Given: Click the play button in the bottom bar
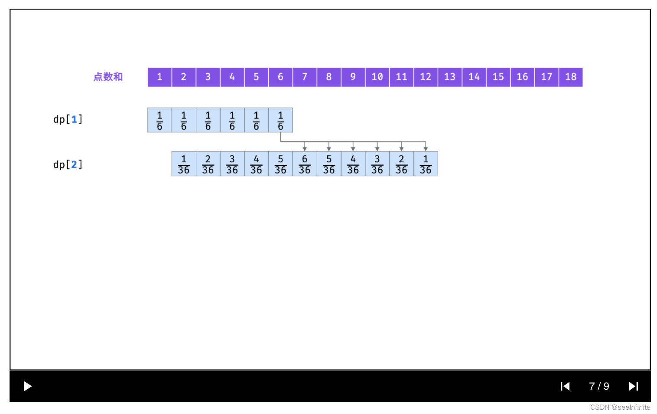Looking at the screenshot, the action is (x=27, y=386).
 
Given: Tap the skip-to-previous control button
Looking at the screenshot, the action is (x=565, y=386).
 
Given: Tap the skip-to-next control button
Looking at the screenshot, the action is (x=634, y=386).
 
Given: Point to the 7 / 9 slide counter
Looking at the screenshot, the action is (x=599, y=386).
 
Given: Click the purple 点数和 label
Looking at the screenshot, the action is (x=108, y=77).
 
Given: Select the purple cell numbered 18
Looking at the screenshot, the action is (x=571, y=77).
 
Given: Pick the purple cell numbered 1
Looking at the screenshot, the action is (x=159, y=77).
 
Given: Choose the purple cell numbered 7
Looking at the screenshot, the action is (x=305, y=77).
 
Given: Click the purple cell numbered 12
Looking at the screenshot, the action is (x=426, y=77).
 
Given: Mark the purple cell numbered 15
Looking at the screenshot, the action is (x=498, y=77).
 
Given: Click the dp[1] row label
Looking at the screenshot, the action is (x=68, y=119).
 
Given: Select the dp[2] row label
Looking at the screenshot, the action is (x=68, y=164).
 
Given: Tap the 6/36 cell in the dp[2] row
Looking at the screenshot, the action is (x=305, y=164).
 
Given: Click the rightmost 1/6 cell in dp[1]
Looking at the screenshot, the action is (x=280, y=120).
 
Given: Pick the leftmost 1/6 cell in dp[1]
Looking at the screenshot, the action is (x=159, y=120).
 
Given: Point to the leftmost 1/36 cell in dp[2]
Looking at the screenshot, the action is (x=184, y=164).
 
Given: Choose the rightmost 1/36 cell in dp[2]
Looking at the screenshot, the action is (x=426, y=164).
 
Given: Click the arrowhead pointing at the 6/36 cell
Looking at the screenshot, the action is (x=305, y=149).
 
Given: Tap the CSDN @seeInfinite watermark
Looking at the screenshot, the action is (x=620, y=407).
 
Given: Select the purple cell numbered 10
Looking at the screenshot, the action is (x=377, y=77).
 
